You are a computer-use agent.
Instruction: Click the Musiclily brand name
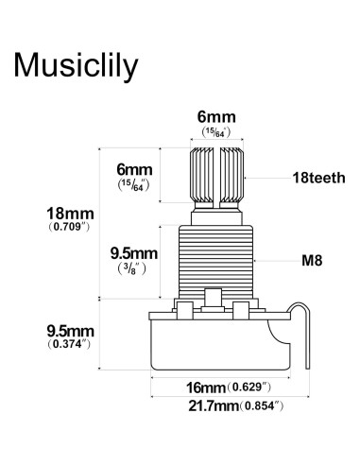76,65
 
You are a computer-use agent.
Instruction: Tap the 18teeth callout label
318,178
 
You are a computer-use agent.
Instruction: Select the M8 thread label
312,261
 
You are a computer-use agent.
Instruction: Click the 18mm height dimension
70,214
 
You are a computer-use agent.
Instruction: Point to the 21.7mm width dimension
214,405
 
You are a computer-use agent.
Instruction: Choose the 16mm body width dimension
206,387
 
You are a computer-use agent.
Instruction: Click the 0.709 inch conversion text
69,227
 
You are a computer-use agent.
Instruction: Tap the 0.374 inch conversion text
69,344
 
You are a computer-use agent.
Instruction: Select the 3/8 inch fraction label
132,268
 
